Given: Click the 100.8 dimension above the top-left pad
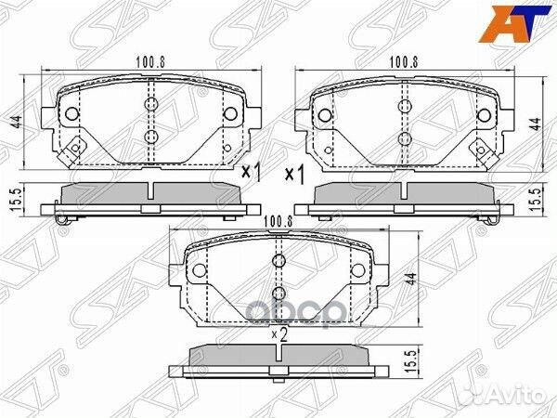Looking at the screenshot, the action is pos(151,62).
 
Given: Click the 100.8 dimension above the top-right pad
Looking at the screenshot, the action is pos(404,62).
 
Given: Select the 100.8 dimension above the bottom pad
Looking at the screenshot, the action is pos(278,222).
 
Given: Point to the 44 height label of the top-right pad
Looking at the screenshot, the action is pos(536,124).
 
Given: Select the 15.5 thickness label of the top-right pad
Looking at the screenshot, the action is pos(536,200).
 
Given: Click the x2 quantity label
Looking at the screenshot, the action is pos(279,334).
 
